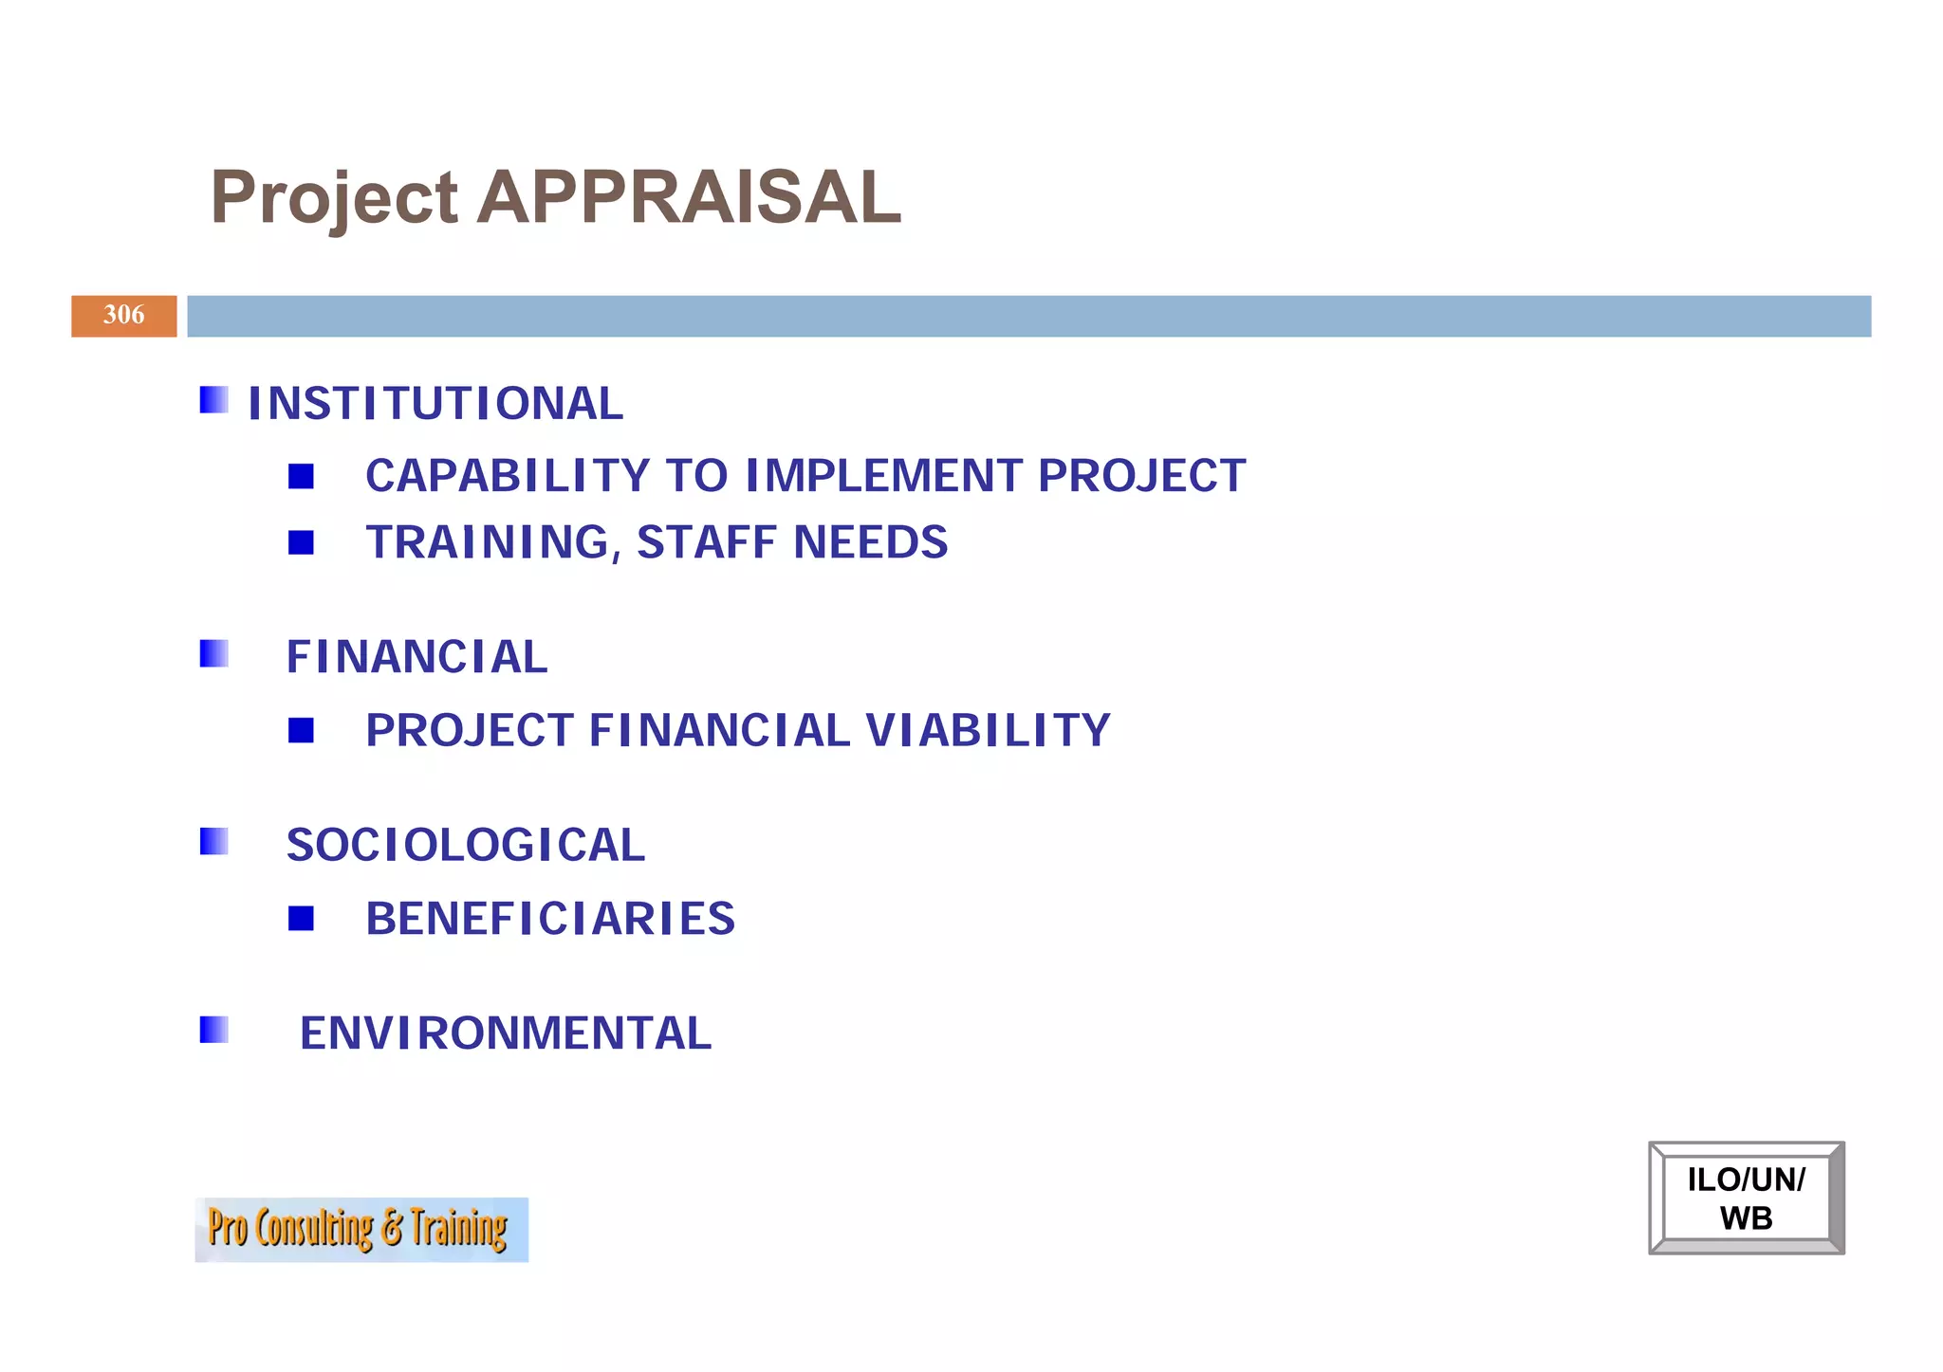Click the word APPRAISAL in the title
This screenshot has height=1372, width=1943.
click(689, 197)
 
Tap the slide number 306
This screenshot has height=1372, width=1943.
click(123, 315)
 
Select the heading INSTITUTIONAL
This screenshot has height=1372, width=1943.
click(435, 404)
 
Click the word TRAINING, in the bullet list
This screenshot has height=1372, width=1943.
click(493, 543)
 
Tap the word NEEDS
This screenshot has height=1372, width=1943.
click(870, 543)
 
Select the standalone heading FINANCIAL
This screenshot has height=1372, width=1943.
click(417, 657)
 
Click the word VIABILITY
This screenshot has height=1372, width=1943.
click(988, 731)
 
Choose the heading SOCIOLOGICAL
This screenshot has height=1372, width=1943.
click(466, 845)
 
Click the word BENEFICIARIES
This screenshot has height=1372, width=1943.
click(550, 919)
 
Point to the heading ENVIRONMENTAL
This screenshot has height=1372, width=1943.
click(506, 1034)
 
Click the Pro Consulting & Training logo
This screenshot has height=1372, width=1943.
click(361, 1229)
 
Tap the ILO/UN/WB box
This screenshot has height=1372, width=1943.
click(1746, 1198)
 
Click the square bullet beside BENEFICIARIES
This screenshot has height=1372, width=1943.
click(301, 918)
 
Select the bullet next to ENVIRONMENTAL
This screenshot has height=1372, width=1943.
click(213, 1030)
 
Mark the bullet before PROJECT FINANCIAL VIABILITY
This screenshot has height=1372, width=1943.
click(301, 730)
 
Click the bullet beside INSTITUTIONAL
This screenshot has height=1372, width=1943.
click(213, 400)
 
